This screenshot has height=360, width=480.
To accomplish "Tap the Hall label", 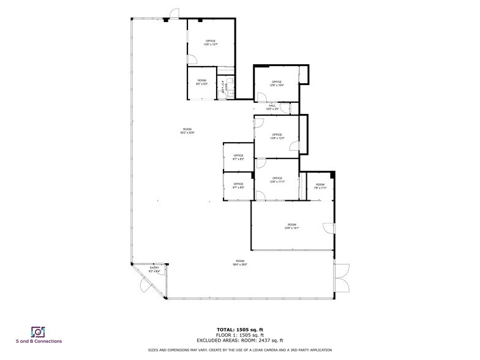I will click(x=272, y=107).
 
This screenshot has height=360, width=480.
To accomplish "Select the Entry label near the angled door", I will click(x=154, y=269).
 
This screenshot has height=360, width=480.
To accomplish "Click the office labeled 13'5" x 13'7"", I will click(x=211, y=43).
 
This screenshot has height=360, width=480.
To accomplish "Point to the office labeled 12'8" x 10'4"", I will click(x=276, y=84).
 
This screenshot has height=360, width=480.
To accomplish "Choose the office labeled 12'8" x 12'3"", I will click(x=276, y=137).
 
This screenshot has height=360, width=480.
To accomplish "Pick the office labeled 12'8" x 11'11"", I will click(x=276, y=180).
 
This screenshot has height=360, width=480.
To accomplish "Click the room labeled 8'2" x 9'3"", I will click(x=201, y=83).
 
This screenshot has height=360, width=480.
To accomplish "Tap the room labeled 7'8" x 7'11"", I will click(x=320, y=186).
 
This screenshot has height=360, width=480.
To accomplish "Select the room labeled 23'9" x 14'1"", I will click(x=291, y=227).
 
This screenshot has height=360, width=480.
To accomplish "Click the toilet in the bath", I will click(x=229, y=80).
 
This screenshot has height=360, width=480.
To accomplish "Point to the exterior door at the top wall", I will click(x=175, y=14).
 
